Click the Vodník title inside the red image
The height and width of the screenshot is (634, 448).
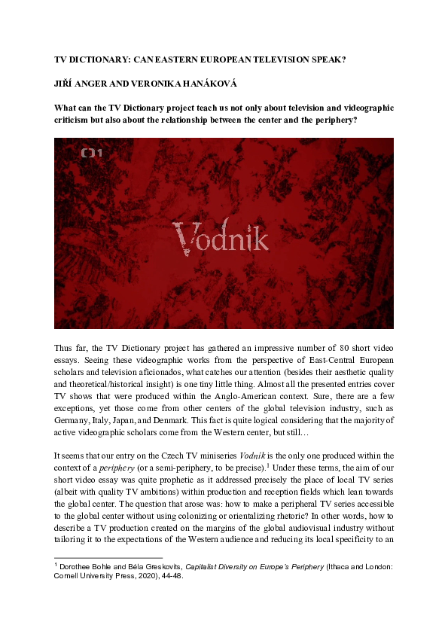pos(221,236)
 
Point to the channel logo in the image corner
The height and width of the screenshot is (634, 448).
pos(92,154)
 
